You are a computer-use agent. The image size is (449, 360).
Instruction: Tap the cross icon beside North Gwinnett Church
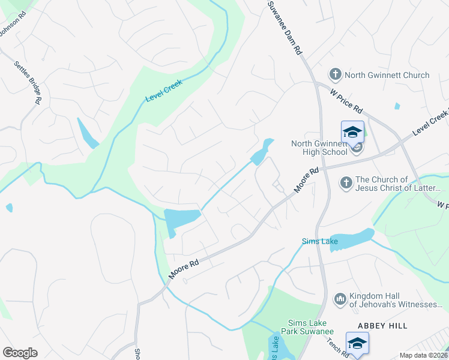tap(335, 74)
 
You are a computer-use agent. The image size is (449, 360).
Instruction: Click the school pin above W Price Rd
tap(352, 133)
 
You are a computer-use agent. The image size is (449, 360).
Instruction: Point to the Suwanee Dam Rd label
tap(285, 28)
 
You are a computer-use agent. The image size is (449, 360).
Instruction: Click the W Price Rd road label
tap(347, 100)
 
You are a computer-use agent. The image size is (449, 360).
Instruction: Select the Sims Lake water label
tap(319, 242)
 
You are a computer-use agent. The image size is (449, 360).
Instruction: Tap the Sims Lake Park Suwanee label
tap(310, 326)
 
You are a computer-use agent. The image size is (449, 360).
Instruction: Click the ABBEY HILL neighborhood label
tap(382, 326)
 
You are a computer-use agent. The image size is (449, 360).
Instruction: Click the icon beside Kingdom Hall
tap(340, 298)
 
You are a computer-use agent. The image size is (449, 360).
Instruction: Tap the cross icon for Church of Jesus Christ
tap(345, 182)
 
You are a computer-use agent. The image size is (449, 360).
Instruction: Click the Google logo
tap(20, 353)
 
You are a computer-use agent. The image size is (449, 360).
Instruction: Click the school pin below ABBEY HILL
tap(357, 343)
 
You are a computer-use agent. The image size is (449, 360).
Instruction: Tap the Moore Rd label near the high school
tap(306, 181)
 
